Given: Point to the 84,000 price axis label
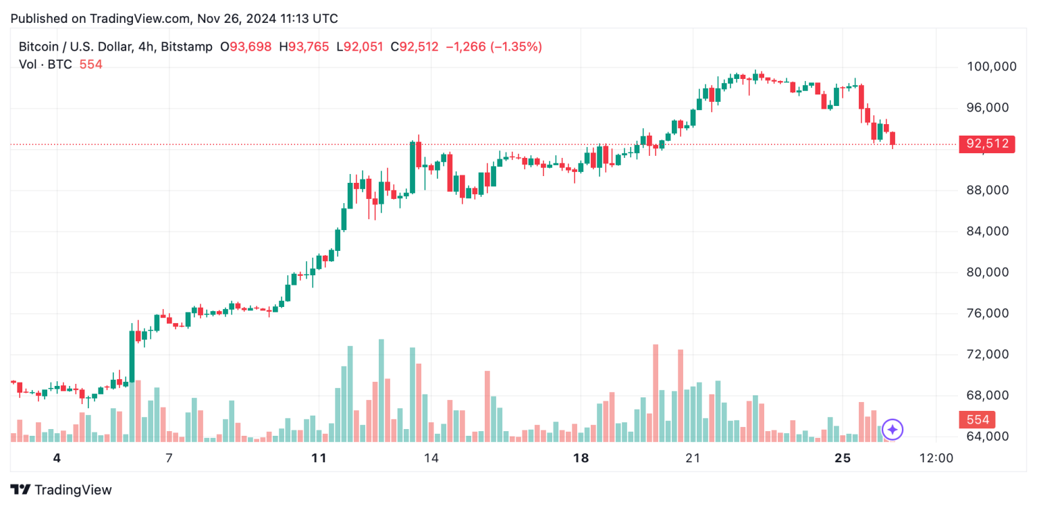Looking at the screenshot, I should pyautogui.click(x=986, y=231).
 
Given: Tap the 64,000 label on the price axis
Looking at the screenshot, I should pyautogui.click(x=986, y=436).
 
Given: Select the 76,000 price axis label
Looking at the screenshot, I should pyautogui.click(x=986, y=314).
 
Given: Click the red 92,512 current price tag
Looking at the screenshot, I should pyautogui.click(x=986, y=144).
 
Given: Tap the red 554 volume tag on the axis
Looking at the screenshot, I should pyautogui.click(x=977, y=420).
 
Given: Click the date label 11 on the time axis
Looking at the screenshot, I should pyautogui.click(x=319, y=459).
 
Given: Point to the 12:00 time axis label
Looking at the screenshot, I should pyautogui.click(x=936, y=459).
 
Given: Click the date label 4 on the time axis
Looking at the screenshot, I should pyautogui.click(x=57, y=459).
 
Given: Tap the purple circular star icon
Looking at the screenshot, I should pyautogui.click(x=893, y=429).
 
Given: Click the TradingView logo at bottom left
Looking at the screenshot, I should pyautogui.click(x=61, y=490).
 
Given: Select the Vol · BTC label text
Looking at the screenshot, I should pyautogui.click(x=45, y=64).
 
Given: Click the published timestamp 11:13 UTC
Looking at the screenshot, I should pyautogui.click(x=306, y=18).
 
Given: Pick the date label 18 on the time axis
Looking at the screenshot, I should pyautogui.click(x=581, y=459).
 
